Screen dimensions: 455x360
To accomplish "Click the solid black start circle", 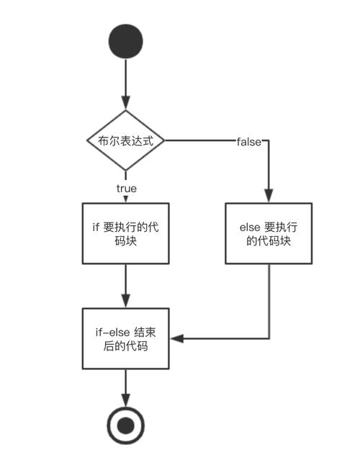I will [126, 42].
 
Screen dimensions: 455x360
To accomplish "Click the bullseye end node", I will [126, 426].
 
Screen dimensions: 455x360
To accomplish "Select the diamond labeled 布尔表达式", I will [126, 141].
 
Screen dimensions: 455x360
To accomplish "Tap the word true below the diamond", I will [126, 189].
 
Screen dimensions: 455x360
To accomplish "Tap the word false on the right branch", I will [249, 141].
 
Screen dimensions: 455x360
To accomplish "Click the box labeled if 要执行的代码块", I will [126, 234].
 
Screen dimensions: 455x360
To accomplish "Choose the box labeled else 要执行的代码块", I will [269, 234].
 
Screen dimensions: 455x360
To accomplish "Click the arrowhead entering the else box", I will [269, 196].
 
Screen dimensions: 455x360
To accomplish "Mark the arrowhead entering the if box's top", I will [126, 199].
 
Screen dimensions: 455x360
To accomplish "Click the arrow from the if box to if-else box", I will [126, 284].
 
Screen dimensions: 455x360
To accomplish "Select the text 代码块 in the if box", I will [126, 242].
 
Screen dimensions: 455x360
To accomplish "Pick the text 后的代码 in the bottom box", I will [126, 346].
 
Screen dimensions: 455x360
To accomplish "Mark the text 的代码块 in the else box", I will [269, 242].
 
